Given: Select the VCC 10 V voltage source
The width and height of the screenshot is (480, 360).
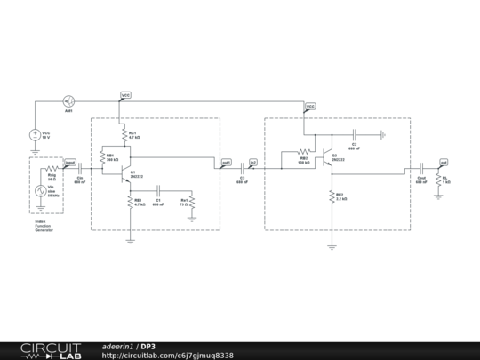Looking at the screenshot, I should click(x=35, y=135).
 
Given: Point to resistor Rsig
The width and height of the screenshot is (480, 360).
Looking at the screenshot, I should click(x=52, y=168).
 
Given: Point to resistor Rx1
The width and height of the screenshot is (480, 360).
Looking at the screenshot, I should click(x=192, y=204).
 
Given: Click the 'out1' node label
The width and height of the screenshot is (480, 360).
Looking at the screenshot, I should click(x=226, y=163).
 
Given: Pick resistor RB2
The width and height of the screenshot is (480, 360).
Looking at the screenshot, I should click(x=302, y=151).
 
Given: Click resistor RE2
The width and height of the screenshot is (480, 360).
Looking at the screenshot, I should click(x=332, y=196).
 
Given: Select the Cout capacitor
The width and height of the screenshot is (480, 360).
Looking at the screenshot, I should click(x=420, y=168).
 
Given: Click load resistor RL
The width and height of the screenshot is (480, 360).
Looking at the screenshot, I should click(x=438, y=180).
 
